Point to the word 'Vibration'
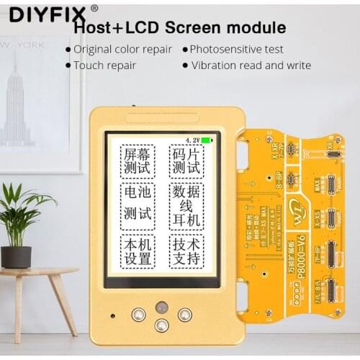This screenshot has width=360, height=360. (216, 65)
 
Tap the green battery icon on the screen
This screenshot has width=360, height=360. (207, 140)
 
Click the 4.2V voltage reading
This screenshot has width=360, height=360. (192, 140)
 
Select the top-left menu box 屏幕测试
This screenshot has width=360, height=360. (137, 162)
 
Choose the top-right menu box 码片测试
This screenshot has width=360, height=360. (186, 162)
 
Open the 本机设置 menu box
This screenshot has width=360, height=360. (137, 250)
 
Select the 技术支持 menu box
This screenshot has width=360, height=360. (186, 250)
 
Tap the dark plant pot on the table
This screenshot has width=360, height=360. (16, 256)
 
